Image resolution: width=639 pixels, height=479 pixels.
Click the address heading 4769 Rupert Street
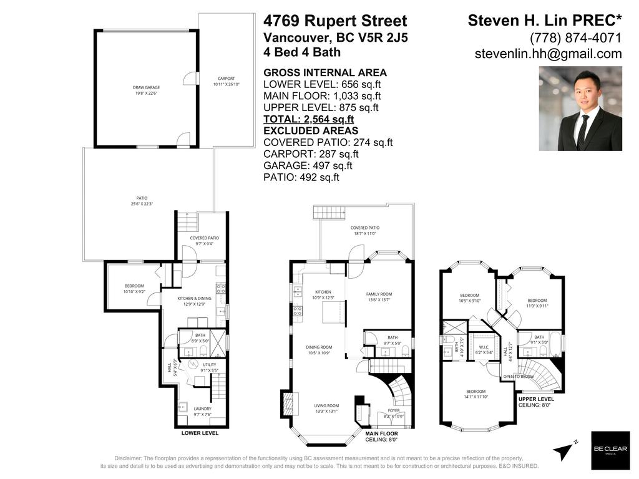(335, 21)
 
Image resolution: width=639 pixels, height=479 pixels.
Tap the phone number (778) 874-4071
(575, 37)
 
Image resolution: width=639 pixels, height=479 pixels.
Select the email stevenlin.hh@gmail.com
(548, 54)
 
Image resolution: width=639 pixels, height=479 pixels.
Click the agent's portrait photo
(580, 109)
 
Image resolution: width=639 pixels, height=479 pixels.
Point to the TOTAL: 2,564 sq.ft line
(309, 119)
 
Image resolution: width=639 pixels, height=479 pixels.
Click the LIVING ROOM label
(326, 409)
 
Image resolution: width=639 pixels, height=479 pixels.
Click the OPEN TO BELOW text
(518, 377)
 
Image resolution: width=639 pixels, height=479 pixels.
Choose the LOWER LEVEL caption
(200, 432)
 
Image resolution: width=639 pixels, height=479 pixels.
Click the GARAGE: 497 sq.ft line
(308, 166)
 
